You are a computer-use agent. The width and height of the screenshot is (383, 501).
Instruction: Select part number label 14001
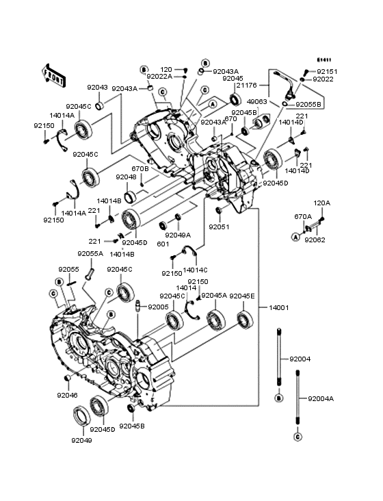point(279,307)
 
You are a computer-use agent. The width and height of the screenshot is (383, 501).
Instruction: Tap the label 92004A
point(321,398)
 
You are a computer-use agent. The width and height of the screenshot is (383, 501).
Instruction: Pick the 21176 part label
point(247,86)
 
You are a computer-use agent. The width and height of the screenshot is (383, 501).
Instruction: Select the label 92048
point(126,177)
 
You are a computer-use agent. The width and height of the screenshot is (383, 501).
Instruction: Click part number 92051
point(220,227)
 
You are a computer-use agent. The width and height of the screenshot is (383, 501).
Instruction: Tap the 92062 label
point(315,240)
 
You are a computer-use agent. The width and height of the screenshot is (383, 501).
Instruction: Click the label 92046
point(68,395)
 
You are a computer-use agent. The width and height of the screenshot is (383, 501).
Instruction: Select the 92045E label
point(242,296)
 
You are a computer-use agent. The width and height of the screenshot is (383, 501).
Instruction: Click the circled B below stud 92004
point(279,398)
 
